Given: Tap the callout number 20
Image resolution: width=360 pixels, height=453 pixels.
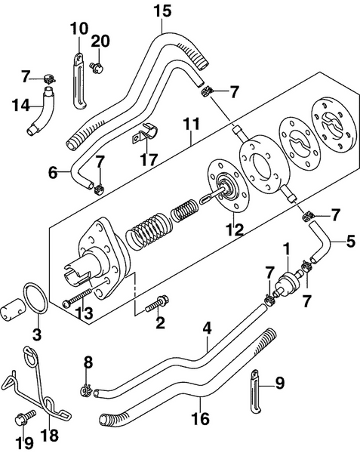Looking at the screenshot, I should pos(100,40).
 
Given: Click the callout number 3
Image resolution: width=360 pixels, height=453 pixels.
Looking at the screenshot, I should pos(36,333).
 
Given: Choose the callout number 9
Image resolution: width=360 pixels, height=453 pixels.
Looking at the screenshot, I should pos(280,384).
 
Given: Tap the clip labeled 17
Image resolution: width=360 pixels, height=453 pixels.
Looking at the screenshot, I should pos(142,138).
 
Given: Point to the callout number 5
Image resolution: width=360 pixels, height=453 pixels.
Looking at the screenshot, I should pos(350,243).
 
